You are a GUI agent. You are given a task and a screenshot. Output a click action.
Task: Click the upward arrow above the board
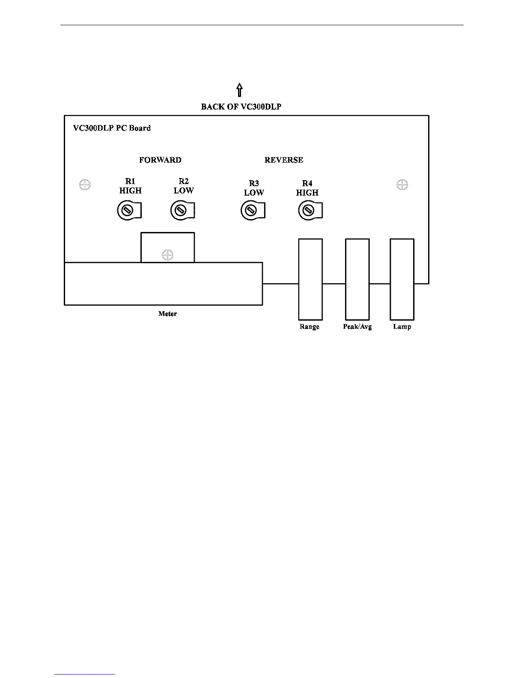240,90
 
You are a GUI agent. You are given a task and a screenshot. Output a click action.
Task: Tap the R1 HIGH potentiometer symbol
127,210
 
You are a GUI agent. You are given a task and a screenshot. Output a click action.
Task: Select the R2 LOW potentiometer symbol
181,210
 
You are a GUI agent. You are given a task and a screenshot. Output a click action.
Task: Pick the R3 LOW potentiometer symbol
251,210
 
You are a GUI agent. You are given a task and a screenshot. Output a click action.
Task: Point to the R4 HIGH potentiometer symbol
308,210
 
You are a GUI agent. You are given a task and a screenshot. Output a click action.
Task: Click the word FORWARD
160,160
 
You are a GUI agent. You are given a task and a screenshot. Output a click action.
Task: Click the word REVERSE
284,160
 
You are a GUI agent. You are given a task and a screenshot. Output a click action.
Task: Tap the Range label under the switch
310,327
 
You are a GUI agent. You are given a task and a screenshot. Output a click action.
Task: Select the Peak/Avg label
357,327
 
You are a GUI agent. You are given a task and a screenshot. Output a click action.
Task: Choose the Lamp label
402,327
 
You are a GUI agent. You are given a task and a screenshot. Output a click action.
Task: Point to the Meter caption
167,314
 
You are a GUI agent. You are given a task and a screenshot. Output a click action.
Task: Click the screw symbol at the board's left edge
85,185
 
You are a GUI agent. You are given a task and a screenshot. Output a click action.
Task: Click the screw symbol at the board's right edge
402,185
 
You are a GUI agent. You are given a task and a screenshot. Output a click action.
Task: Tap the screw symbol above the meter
167,255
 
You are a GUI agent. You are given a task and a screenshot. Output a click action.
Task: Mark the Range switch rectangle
310,279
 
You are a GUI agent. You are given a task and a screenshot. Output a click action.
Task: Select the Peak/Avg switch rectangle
357,279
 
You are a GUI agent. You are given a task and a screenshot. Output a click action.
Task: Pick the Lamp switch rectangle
402,279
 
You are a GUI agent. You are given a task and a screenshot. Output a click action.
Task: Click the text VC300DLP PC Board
112,128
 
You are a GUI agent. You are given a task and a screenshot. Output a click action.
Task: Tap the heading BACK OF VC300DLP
241,107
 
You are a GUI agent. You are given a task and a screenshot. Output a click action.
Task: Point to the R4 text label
307,184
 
